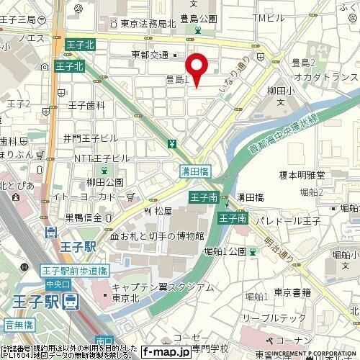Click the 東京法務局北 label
140,23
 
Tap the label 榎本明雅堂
302,174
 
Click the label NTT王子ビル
101,157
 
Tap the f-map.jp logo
165,352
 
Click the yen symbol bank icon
171,143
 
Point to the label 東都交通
150,54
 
